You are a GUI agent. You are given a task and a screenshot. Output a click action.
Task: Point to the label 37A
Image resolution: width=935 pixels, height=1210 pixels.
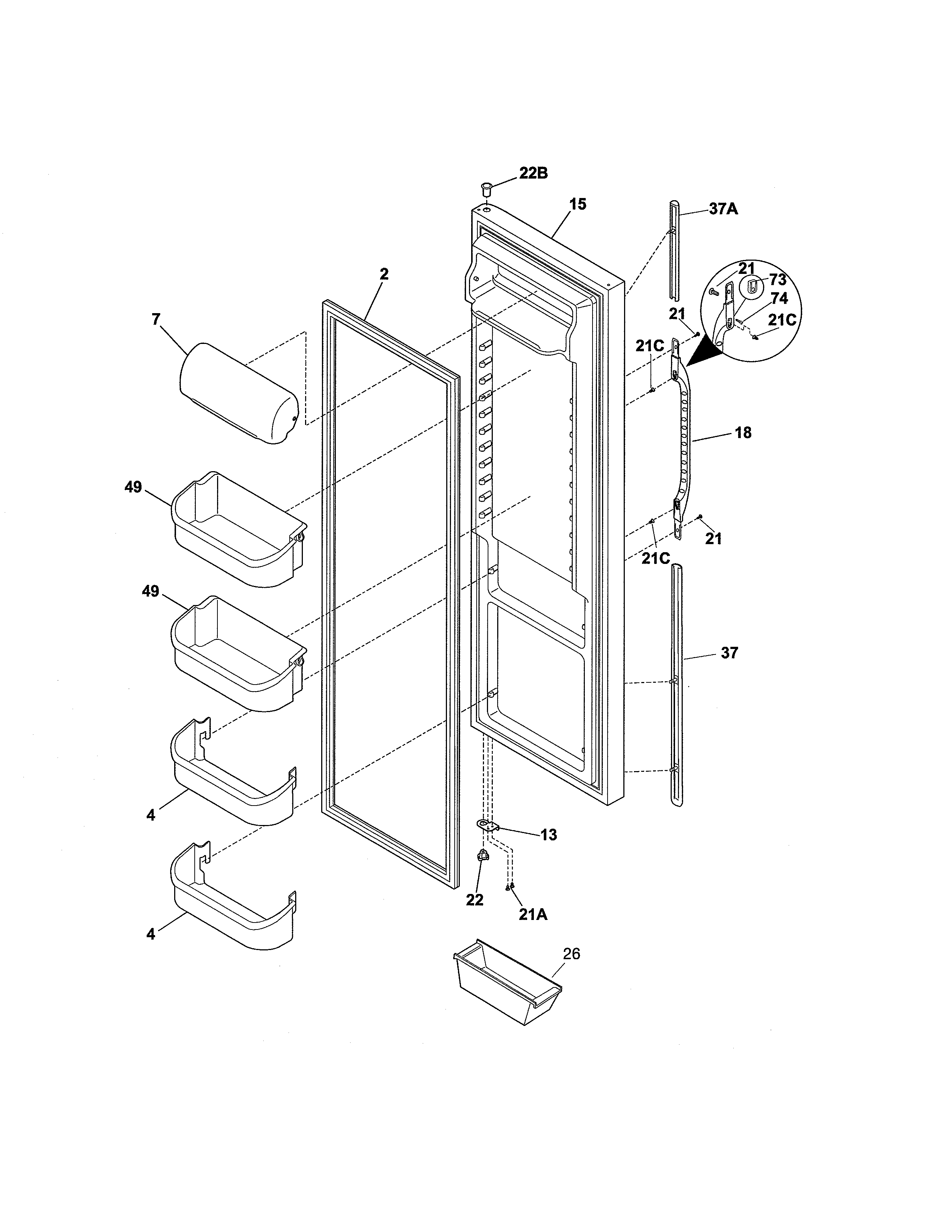(x=723, y=209)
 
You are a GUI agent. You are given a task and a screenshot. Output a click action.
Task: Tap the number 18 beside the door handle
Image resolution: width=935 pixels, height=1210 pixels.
(x=743, y=433)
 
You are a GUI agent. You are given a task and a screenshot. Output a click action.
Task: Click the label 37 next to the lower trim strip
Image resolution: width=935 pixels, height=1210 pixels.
(x=730, y=653)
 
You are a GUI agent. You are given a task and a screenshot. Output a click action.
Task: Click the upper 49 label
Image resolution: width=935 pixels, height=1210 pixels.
(x=133, y=488)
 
